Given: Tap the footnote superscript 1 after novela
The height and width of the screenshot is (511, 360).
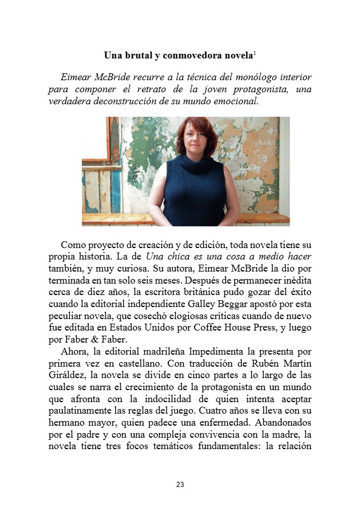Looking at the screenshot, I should [x=255, y=53].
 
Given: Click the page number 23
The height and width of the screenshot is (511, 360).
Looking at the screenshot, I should [x=180, y=484].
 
